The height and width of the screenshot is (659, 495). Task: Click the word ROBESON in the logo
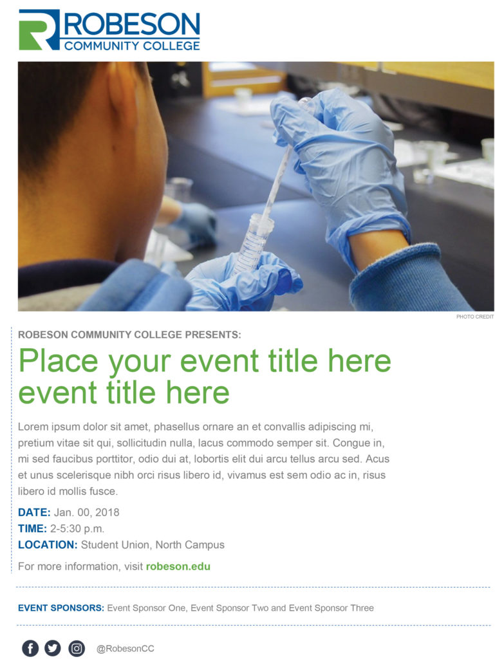click(132, 24)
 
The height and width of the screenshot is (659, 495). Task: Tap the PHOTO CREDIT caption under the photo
click(475, 317)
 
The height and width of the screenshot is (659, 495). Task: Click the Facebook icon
click(30, 648)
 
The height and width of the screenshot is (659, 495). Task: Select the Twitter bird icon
click(53, 648)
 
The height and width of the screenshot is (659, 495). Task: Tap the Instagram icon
click(77, 648)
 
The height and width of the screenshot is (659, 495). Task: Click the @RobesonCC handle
click(126, 649)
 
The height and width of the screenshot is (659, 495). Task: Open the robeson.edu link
click(178, 566)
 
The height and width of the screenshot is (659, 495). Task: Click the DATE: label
click(34, 512)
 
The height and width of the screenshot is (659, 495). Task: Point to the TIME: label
click(32, 528)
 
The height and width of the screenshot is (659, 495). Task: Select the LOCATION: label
click(48, 544)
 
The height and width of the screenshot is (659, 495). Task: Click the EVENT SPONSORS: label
click(61, 608)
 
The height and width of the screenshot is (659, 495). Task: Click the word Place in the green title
click(59, 361)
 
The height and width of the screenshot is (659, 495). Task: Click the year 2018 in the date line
click(107, 512)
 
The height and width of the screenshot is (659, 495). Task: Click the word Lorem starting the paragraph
click(33, 427)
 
